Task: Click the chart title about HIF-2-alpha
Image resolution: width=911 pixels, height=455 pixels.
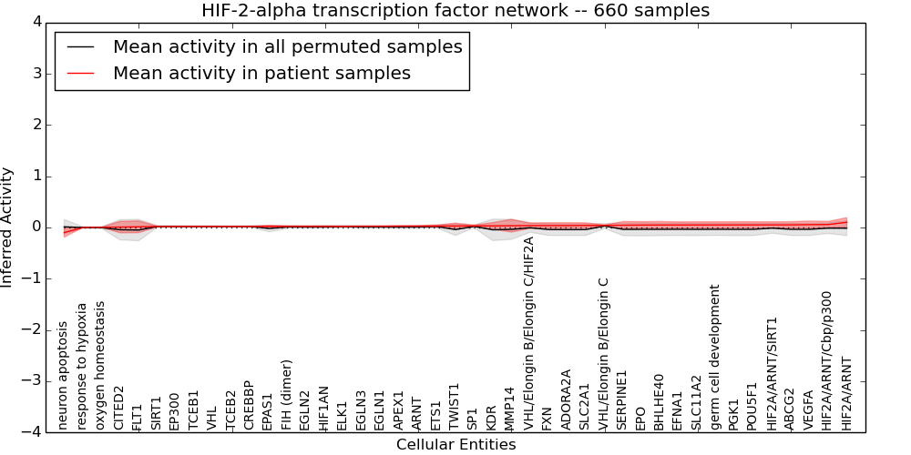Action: point(455,10)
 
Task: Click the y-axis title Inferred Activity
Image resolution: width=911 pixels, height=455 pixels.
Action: point(7,227)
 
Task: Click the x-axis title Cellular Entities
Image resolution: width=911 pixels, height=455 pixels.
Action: point(455,445)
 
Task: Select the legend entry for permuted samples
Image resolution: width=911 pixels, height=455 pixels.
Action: point(287,46)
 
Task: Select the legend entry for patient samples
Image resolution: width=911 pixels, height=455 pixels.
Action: point(261,74)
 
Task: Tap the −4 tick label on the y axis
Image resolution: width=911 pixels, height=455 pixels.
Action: point(32,431)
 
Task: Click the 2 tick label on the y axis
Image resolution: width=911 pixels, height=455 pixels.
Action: point(36,125)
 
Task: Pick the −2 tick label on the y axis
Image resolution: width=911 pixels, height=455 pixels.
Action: point(32,329)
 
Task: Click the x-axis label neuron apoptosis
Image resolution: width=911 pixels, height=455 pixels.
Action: point(63,375)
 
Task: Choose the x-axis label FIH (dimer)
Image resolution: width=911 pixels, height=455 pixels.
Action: point(287,395)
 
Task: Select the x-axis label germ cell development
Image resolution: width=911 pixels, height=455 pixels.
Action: point(715,357)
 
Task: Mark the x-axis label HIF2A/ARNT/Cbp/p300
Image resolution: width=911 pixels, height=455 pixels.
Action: point(826,360)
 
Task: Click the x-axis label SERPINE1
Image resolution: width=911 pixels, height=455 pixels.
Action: point(622,399)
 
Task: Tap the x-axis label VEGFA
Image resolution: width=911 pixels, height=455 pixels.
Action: point(808,410)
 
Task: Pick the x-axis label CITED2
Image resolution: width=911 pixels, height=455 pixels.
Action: point(118,408)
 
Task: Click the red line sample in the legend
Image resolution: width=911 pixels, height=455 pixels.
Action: point(80,74)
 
